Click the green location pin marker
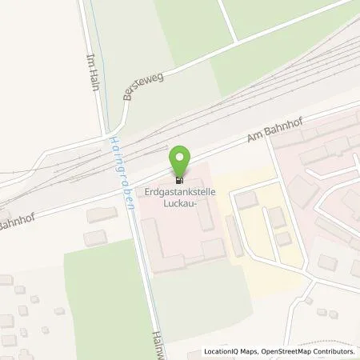coord(181,156)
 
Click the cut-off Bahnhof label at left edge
coord(13,215)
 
